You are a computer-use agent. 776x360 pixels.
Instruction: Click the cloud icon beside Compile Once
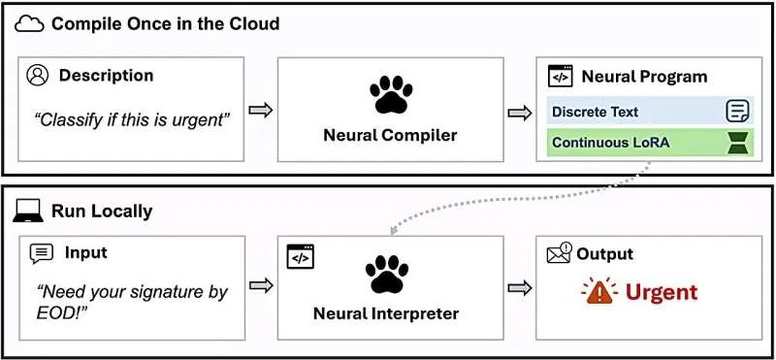point(31,23)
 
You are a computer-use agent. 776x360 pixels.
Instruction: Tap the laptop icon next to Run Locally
point(28,212)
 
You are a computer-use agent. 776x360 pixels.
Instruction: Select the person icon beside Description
point(38,76)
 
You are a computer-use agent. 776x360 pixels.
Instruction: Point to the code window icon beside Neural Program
point(561,77)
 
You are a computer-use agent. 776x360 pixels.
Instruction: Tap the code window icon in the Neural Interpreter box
point(301,256)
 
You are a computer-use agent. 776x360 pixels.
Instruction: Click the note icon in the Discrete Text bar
point(737,110)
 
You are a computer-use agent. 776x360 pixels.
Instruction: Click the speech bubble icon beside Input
point(42,253)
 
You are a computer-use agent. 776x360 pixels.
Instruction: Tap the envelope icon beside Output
point(560,252)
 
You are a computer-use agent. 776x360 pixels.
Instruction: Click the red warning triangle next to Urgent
point(598,292)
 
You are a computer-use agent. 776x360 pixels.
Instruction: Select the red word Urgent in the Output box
point(661,292)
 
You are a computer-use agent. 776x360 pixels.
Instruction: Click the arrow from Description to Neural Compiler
point(260,110)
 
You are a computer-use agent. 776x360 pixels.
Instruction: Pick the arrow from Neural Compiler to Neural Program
point(520,113)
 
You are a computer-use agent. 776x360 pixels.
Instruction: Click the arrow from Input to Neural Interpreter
point(261,285)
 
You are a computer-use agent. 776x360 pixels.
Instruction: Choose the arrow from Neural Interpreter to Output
point(520,288)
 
